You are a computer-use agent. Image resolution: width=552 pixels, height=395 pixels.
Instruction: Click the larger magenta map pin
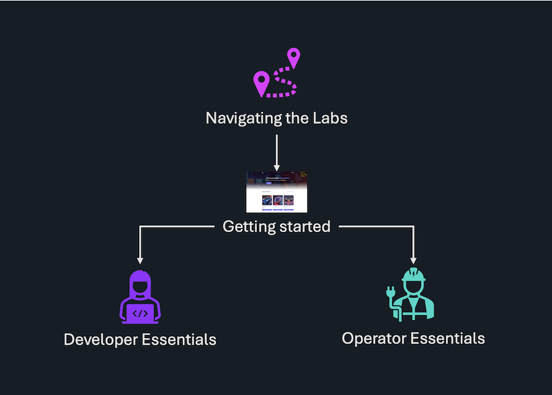pyautogui.click(x=261, y=82)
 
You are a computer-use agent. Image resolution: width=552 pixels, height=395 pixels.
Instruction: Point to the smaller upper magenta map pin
pyautogui.click(x=293, y=57)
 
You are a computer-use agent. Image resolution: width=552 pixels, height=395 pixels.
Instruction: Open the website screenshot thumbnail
pyautogui.click(x=277, y=192)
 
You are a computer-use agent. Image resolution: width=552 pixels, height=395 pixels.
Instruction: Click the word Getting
pyautogui.click(x=249, y=226)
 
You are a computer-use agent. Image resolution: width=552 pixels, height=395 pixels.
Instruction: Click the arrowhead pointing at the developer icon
pyautogui.click(x=140, y=259)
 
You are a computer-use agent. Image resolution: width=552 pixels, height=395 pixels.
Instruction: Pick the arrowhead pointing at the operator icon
pyautogui.click(x=413, y=259)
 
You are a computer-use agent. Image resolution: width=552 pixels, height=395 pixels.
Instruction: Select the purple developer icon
pyautogui.click(x=140, y=297)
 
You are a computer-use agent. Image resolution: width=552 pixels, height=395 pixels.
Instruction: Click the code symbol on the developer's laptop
pyautogui.click(x=140, y=313)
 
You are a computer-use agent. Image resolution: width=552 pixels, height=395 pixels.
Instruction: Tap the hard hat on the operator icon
pyautogui.click(x=413, y=275)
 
